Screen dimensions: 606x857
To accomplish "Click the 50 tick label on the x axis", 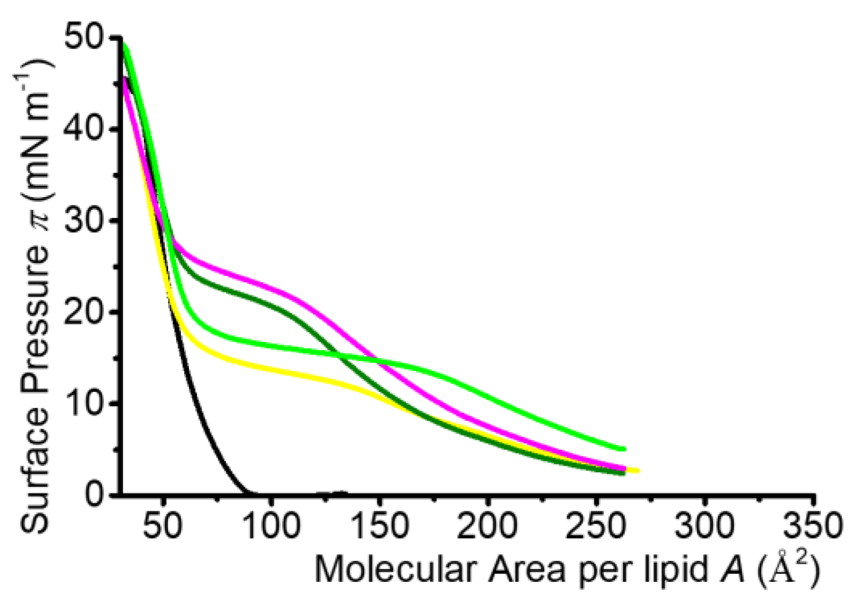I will pos(163,526).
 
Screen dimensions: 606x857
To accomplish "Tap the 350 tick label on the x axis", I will pos(813,526).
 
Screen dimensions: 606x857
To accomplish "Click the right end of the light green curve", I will pos(624,449).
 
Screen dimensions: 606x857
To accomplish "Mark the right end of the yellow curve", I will pos(638,471).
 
